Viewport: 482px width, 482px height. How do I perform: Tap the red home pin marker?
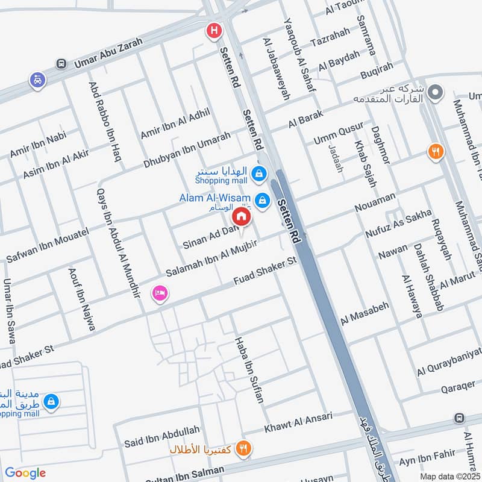point(242,217)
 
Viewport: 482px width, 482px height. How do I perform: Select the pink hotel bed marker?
point(160,294)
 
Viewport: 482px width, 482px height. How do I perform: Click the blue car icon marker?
point(37,80)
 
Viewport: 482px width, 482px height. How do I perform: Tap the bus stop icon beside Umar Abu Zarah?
point(61,63)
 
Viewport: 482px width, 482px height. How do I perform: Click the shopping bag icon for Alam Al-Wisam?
point(262,199)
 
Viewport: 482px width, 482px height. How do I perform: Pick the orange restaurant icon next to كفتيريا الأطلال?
point(243,448)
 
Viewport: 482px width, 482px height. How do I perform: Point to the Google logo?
point(25,473)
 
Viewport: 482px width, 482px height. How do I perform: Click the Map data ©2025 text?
point(450,476)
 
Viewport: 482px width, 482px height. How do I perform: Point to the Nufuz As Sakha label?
point(398,223)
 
